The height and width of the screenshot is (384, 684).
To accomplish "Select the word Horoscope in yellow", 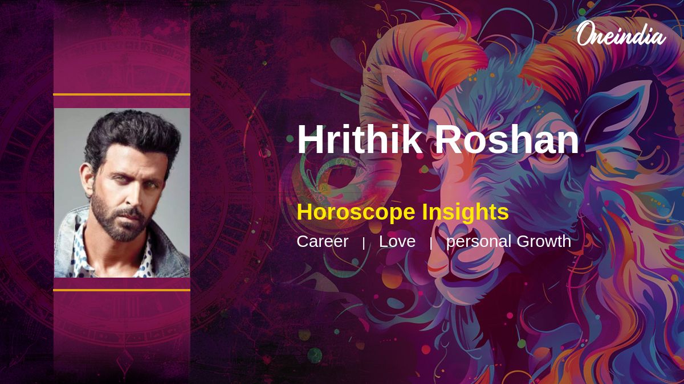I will coord(356,212).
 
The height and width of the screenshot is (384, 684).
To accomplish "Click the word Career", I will coord(322,241).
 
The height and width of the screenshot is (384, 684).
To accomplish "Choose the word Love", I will coord(397,241).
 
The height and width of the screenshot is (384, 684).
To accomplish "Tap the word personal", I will coord(478,241).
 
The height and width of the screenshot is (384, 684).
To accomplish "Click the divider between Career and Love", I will coord(364,243).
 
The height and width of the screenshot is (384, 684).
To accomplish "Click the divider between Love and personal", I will coord(431,243).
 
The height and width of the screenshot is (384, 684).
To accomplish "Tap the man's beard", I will coord(123,228).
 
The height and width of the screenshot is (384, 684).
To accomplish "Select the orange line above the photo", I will coord(121,94).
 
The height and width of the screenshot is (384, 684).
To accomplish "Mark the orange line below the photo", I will coord(121,290).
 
